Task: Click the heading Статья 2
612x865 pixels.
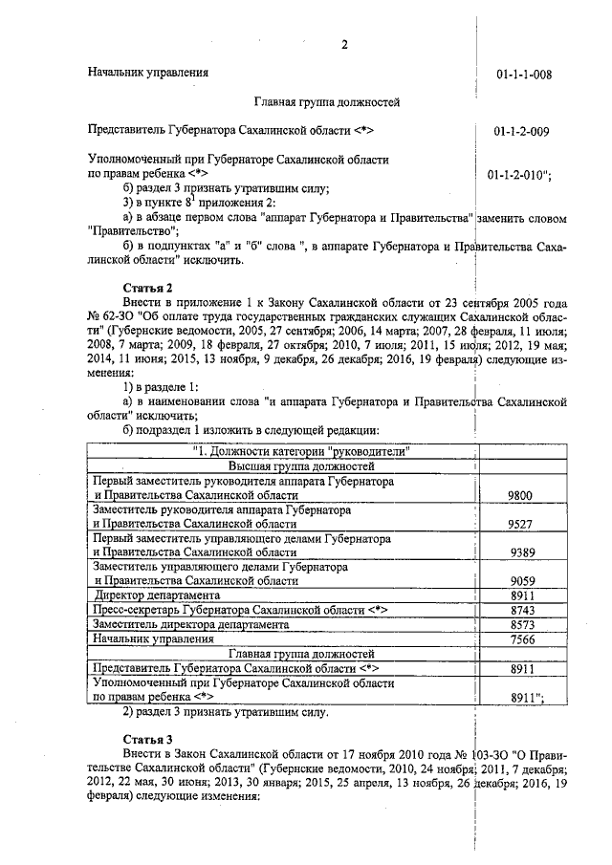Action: click(x=148, y=288)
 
